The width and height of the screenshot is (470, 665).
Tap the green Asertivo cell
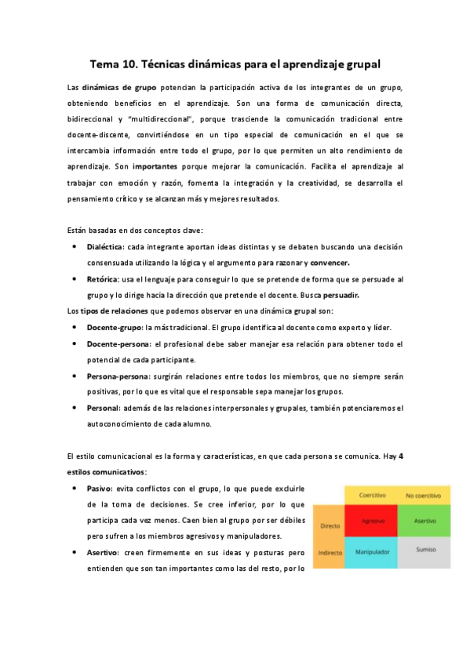pyautogui.click(x=425, y=521)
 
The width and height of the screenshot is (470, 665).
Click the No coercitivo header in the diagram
pyautogui.click(x=425, y=496)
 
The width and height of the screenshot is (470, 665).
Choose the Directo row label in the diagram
pyautogui.click(x=330, y=525)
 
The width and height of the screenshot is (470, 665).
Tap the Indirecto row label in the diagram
pyautogui.click(x=330, y=553)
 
